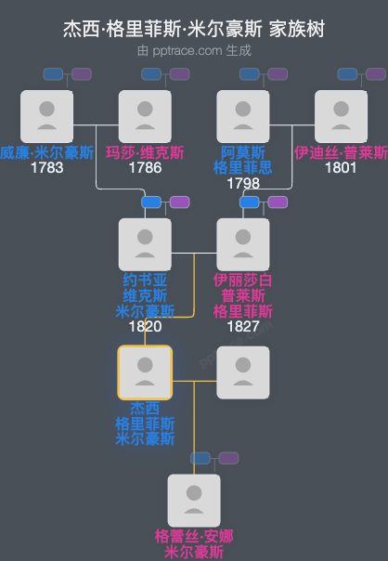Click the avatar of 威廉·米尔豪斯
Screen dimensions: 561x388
click(46, 116)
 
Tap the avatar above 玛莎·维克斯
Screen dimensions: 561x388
click(145, 116)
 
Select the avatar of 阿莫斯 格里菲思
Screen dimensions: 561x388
click(242, 116)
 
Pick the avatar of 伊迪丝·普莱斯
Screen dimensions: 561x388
click(341, 116)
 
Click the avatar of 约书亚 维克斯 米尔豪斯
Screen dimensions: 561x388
click(145, 244)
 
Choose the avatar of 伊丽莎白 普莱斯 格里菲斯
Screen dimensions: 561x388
click(242, 244)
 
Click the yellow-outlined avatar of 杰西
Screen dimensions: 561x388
click(145, 372)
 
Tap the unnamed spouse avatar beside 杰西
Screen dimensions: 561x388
click(242, 372)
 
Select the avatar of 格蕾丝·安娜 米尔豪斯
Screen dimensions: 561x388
click(194, 501)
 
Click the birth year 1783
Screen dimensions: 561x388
click(46, 168)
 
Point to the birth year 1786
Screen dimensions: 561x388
click(145, 168)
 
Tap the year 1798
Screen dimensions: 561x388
click(242, 183)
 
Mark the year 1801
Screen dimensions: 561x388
click(341, 168)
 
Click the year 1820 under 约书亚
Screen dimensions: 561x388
click(145, 326)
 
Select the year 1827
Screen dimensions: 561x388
click(242, 326)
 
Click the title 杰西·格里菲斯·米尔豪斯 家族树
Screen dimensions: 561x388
click(194, 29)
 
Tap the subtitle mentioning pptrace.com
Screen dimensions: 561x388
click(194, 49)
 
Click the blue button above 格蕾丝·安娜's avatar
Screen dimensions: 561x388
click(201, 457)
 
